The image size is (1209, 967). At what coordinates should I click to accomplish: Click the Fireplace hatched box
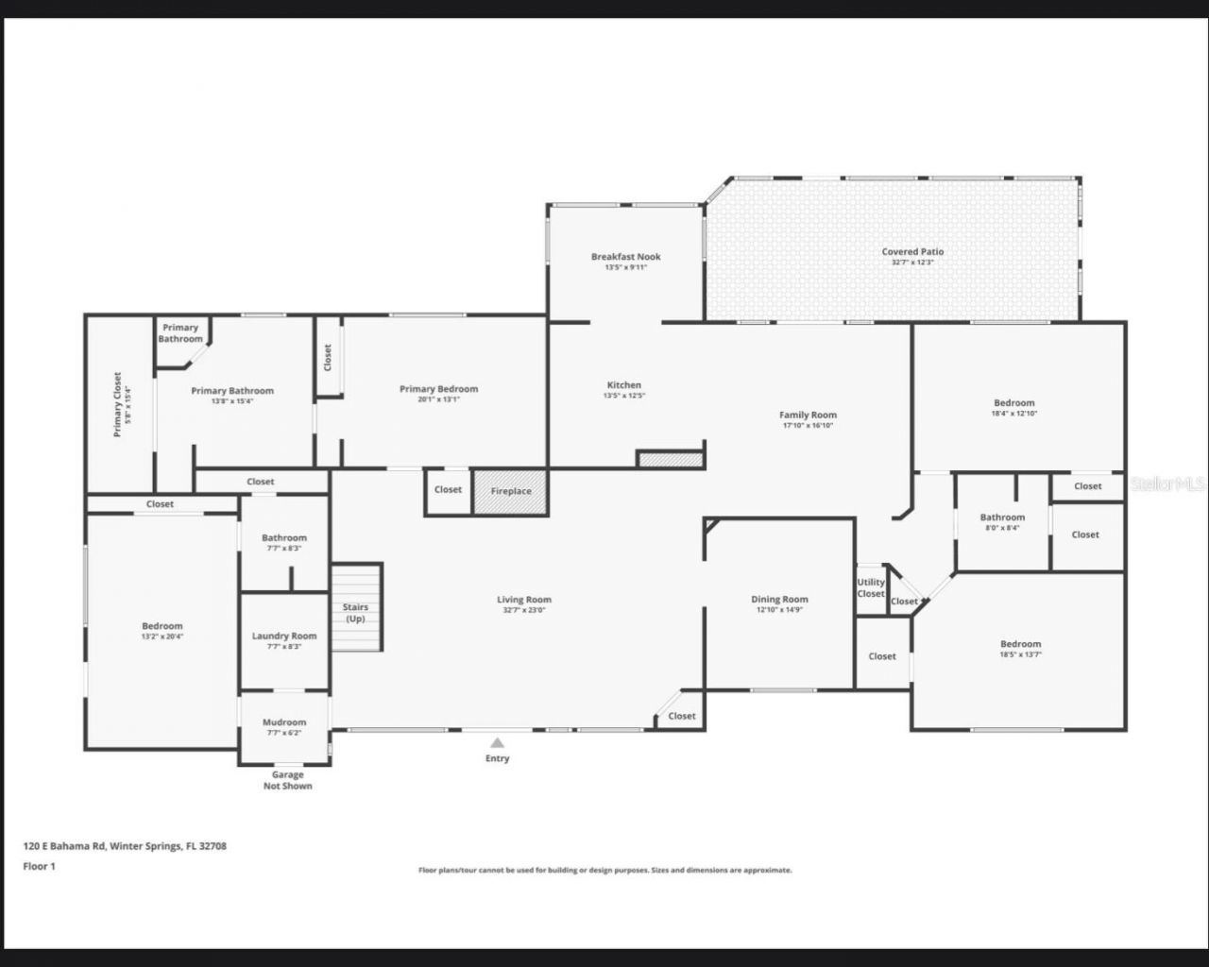[510, 492]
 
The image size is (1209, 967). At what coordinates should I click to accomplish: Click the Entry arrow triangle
[497, 742]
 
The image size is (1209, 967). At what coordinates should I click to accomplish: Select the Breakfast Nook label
[625, 257]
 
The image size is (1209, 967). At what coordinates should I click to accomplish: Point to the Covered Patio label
[912, 252]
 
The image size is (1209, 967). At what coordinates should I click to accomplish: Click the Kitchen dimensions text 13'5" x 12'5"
[623, 396]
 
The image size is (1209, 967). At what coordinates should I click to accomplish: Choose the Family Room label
[808, 415]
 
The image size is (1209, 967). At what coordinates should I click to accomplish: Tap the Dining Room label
[779, 599]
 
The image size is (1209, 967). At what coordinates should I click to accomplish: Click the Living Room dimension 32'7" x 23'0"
[524, 610]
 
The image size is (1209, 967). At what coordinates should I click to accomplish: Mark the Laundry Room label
[284, 636]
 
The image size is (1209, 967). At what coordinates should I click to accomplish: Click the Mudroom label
[284, 722]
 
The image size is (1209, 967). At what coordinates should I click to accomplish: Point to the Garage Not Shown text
[287, 780]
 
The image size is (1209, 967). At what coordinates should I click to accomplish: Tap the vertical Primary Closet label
[117, 403]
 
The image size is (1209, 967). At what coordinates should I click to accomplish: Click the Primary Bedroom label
[438, 388]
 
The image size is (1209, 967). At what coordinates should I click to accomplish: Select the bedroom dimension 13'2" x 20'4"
[162, 636]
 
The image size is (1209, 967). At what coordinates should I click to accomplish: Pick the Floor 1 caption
[40, 866]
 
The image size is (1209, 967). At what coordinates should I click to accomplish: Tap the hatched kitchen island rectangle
[671, 460]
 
